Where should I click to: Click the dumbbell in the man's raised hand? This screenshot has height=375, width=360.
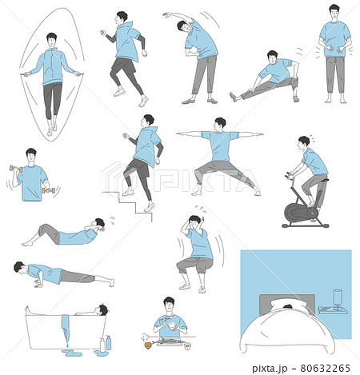(x=16, y=169)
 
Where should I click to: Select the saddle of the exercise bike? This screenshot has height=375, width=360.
(x=322, y=181)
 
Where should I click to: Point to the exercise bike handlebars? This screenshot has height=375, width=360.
(x=289, y=175)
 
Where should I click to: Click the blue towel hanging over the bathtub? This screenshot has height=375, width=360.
(x=66, y=328)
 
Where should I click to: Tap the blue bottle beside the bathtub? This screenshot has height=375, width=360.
(x=108, y=343)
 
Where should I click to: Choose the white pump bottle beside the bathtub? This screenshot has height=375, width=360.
(x=102, y=345)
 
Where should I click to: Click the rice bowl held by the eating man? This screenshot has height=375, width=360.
(x=173, y=326)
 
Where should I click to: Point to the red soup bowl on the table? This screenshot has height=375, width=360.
(x=148, y=345)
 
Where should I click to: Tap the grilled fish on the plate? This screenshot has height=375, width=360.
(x=170, y=341)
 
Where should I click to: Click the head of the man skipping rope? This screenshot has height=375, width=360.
(x=52, y=40)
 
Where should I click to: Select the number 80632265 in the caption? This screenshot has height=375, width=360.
(x=325, y=368)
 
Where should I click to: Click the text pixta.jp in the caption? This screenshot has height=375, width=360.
(x=270, y=369)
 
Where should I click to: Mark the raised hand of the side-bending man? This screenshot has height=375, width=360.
(x=166, y=14)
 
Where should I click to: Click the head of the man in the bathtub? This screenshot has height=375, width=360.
(x=102, y=309)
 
